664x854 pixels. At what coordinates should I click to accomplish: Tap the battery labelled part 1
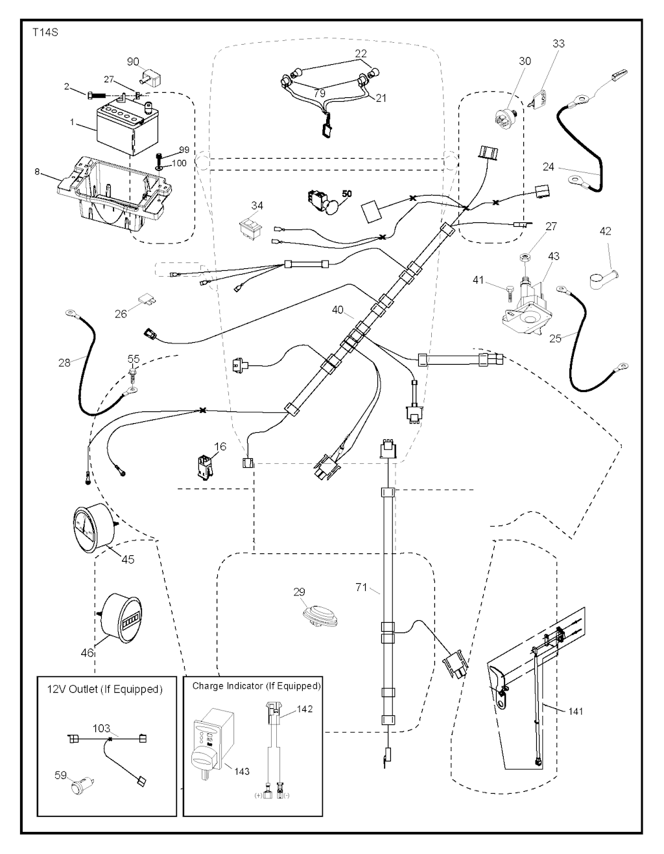[123, 128]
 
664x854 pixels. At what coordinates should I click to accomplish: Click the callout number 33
[558, 43]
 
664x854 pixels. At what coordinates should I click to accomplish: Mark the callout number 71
[362, 587]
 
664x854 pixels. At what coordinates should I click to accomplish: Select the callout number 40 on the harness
[338, 310]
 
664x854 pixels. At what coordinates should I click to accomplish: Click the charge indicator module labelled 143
[211, 744]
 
